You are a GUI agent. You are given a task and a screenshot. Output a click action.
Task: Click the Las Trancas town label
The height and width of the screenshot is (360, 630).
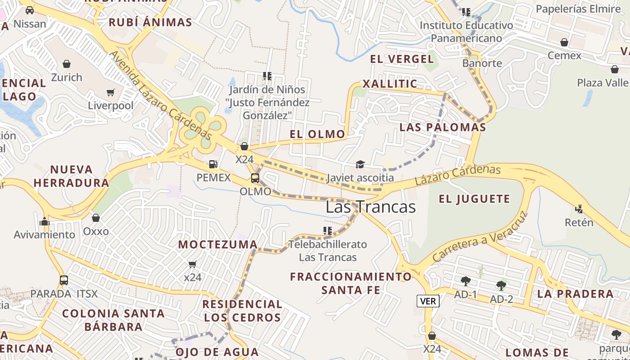(370, 207)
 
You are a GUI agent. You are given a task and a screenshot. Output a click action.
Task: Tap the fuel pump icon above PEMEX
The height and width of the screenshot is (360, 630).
(213, 164)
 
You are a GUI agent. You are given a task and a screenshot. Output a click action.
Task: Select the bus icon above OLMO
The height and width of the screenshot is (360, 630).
(255, 178)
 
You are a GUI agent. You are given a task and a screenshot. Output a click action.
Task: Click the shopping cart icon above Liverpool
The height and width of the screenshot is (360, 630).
(111, 93)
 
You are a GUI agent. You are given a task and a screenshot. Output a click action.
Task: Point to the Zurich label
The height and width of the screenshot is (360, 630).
(67, 77)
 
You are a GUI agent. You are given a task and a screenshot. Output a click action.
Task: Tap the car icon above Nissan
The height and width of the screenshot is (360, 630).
(30, 10)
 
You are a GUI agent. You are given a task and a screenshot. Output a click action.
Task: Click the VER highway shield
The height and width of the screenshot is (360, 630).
(427, 301)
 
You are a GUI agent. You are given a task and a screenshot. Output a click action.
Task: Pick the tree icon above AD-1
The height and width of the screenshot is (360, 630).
(466, 282)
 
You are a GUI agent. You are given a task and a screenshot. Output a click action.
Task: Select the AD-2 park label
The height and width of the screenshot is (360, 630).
(501, 299)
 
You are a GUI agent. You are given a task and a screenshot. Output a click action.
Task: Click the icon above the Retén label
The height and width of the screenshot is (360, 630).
(579, 209)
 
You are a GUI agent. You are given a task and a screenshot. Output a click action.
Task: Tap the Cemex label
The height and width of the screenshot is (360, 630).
(564, 56)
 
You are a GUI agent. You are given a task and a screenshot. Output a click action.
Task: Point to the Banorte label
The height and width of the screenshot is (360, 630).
(482, 63)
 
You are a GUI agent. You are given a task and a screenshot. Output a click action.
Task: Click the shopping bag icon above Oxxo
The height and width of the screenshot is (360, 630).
(96, 218)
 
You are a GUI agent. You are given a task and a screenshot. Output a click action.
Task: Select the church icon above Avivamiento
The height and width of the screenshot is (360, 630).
(44, 221)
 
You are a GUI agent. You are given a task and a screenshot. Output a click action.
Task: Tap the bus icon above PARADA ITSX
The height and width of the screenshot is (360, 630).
(64, 280)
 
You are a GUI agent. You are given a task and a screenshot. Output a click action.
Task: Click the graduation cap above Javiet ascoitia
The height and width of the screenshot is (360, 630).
(360, 164)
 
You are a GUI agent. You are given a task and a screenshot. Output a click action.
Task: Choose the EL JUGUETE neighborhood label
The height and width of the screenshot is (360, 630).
(474, 199)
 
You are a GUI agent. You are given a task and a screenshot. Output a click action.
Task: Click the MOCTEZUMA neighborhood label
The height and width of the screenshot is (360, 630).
(218, 244)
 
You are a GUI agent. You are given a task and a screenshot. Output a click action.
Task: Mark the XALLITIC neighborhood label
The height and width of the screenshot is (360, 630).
(390, 84)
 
